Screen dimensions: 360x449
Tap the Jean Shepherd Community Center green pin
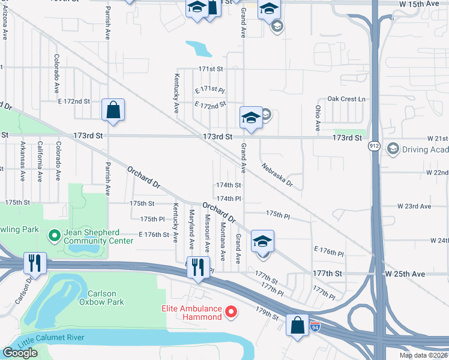54,236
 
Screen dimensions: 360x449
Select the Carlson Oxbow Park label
101,298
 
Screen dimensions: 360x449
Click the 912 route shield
373,146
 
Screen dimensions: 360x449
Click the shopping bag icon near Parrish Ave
113,110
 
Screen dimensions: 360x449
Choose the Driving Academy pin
393,148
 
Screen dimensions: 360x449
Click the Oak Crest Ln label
346,99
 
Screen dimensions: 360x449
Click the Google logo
20,353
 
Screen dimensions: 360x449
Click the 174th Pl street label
229,198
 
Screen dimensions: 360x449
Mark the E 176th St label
154,235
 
